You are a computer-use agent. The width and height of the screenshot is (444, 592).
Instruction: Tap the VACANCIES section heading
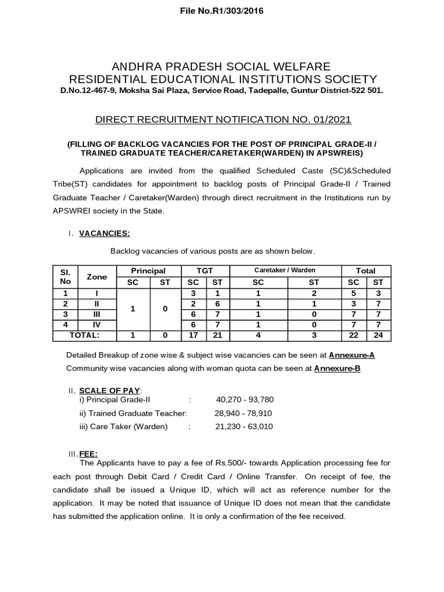tap(104, 233)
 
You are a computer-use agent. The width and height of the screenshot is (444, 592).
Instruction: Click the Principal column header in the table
tap(148, 271)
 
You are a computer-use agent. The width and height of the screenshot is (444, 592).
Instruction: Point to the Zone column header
tap(97, 276)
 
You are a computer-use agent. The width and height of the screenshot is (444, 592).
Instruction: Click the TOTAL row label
tap(84, 335)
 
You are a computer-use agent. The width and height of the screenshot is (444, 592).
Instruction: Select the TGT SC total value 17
tap(194, 335)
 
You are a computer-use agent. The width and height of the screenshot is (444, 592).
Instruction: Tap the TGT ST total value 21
tap(217, 335)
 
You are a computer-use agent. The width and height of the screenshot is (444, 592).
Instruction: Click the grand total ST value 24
tap(378, 335)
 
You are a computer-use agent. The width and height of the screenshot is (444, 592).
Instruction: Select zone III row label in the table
tap(97, 314)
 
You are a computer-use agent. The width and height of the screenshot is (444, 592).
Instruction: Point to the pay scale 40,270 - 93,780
tap(245, 399)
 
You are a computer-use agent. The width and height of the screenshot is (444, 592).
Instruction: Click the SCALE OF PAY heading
tap(109, 390)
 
